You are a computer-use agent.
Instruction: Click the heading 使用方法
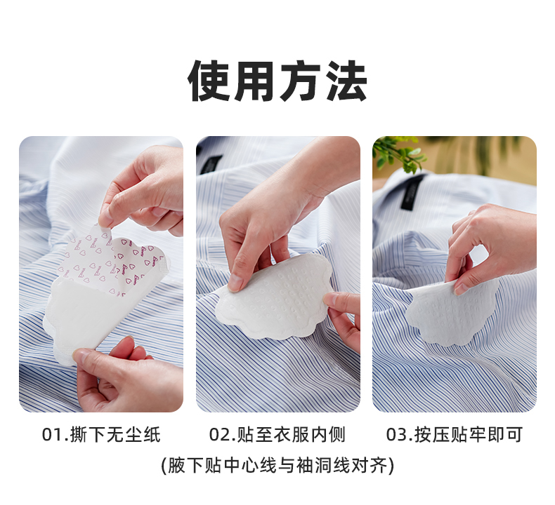[277, 81]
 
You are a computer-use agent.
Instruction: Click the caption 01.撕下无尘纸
[101, 435]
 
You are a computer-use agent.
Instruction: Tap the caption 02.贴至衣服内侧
[277, 435]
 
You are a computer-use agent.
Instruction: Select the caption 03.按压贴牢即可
[454, 435]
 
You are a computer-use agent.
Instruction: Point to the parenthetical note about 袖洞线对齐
[277, 465]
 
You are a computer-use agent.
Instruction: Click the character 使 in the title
[209, 81]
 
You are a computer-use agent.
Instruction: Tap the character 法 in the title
[346, 81]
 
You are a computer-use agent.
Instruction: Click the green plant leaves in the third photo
[398, 153]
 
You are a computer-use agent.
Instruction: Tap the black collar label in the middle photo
[211, 164]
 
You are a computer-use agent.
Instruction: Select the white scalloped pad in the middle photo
[274, 297]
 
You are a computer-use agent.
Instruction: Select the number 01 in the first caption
[53, 435]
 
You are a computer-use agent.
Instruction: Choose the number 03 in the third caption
[397, 435]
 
